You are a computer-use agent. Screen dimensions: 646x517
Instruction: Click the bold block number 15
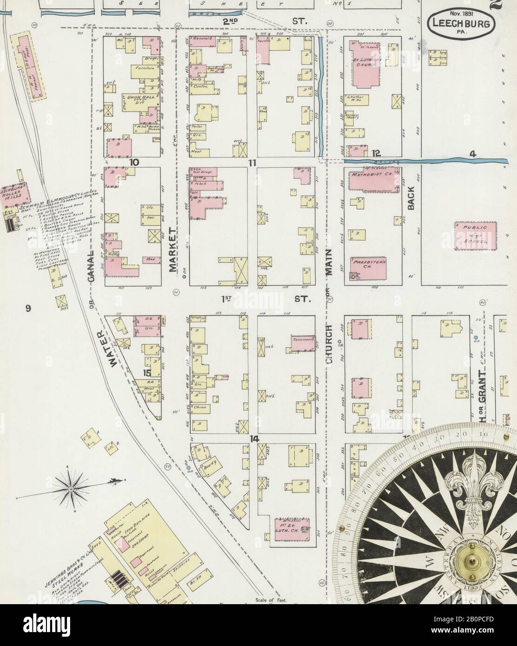(x=147, y=373)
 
